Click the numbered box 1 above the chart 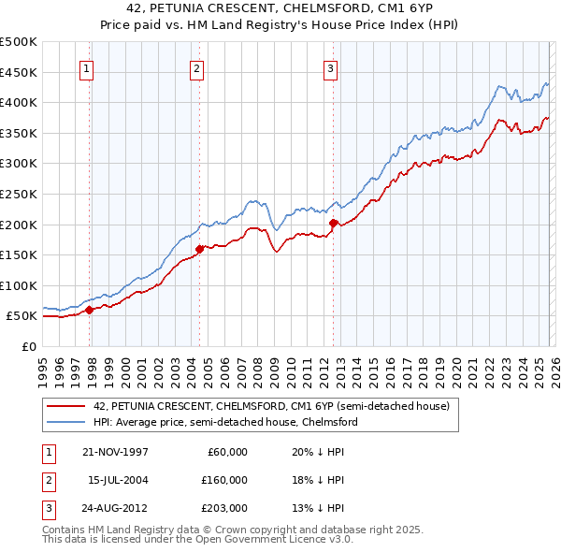click(86, 67)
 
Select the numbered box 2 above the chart click(197, 67)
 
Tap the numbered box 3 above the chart click(331, 67)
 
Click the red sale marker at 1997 click(90, 310)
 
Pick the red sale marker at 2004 click(200, 249)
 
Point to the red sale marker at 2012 click(334, 223)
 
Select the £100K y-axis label click(19, 286)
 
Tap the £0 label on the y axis click(29, 347)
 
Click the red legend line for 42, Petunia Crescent click(65, 406)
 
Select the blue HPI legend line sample click(65, 422)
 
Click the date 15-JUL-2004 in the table click(118, 480)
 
